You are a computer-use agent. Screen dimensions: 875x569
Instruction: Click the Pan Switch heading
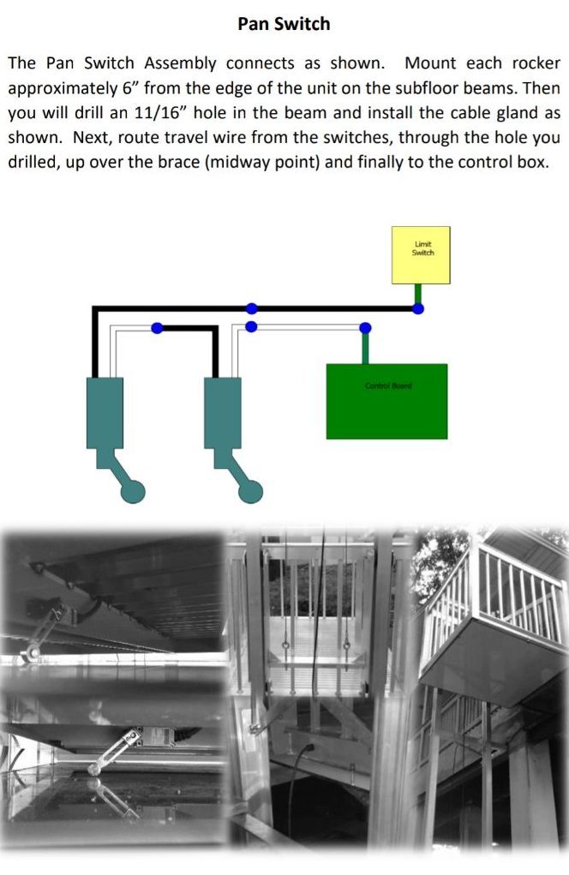click(x=284, y=24)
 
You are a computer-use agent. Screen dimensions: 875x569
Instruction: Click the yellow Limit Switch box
click(x=422, y=254)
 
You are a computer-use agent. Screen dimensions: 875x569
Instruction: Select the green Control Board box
click(x=386, y=401)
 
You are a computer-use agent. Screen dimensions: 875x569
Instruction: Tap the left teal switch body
click(x=105, y=412)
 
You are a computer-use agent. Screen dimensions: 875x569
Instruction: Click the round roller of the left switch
click(x=133, y=491)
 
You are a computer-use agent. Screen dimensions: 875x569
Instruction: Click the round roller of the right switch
click(x=250, y=491)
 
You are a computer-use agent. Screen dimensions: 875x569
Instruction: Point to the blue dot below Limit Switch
click(x=418, y=308)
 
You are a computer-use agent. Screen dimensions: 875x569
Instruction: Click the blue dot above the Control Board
click(x=366, y=328)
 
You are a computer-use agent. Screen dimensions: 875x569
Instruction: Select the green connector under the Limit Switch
click(x=418, y=294)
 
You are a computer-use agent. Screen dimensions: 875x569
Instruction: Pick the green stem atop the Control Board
click(x=366, y=347)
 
